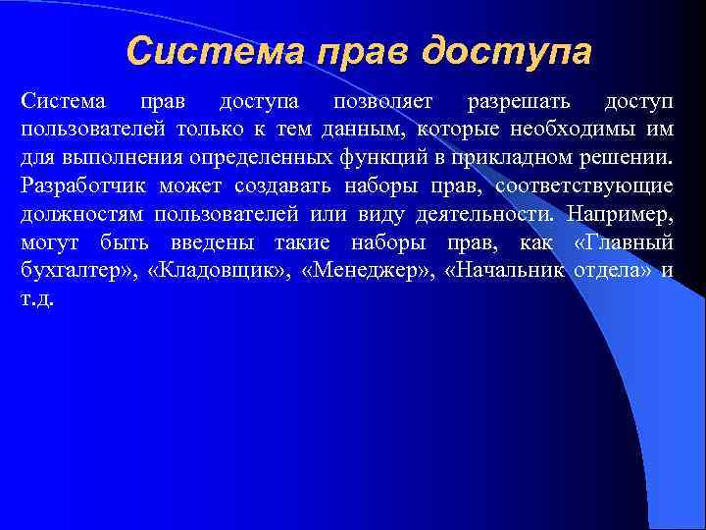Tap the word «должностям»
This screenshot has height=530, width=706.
[76, 214]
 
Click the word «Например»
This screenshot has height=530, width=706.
[619, 214]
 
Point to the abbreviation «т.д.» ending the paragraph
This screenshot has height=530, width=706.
[36, 298]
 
